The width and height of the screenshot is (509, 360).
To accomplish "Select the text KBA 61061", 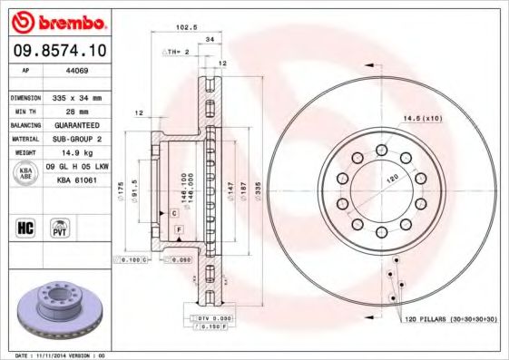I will pos(77,181).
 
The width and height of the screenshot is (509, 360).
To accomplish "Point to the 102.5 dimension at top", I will pos(187,27).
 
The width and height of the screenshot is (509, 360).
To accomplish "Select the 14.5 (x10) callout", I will pos(422,120).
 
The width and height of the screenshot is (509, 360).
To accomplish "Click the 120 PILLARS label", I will pos(450,320).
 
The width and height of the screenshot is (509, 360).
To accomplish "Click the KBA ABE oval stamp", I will pos(24,174).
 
